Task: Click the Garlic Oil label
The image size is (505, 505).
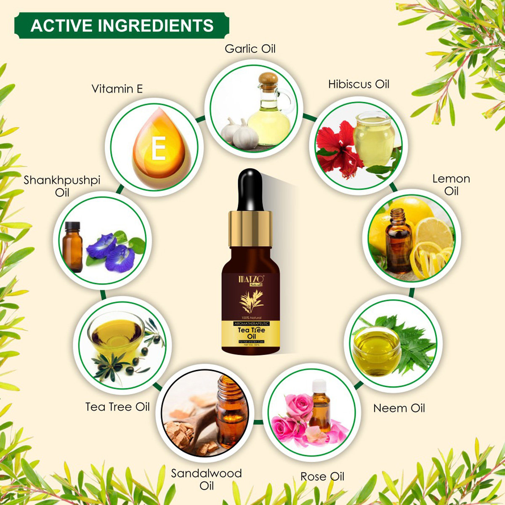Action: [x=250, y=49]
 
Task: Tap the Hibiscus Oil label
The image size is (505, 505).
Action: [x=359, y=84]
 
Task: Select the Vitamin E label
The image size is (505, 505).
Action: [x=117, y=89]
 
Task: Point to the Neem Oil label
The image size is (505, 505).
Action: [x=399, y=408]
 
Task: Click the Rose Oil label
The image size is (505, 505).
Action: [x=322, y=476]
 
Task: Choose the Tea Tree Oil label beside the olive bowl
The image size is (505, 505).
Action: [x=117, y=407]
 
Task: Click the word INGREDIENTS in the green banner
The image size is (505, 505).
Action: [x=156, y=26]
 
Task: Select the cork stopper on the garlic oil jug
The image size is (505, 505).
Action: [x=268, y=80]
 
